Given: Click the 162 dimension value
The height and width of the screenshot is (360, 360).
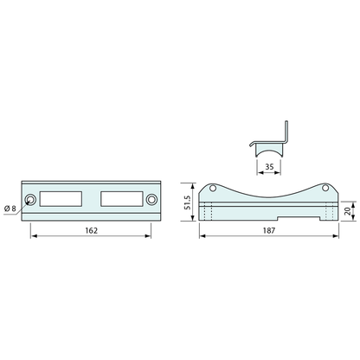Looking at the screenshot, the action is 92,230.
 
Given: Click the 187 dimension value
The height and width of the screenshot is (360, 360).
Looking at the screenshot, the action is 269,230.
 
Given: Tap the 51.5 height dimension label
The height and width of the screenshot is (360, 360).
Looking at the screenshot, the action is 187,202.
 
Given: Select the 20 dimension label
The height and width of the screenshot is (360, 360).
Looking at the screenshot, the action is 349,211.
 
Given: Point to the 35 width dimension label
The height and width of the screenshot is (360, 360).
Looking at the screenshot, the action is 269,167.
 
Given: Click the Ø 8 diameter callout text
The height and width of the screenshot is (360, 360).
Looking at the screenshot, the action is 10,209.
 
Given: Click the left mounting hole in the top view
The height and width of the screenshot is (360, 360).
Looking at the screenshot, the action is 30,200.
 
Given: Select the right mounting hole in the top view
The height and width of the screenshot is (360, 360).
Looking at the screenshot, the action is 151,200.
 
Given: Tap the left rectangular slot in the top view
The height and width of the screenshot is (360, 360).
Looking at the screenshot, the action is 61,199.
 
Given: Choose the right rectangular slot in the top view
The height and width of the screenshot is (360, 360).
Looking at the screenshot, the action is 122,199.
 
